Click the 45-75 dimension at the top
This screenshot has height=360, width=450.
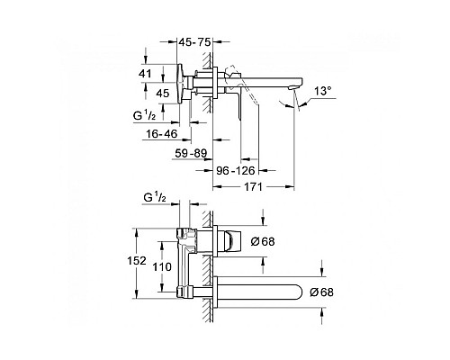pyautogui.click(x=194, y=42)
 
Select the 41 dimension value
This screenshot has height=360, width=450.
pyautogui.click(x=145, y=74)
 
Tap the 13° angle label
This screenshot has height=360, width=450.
pyautogui.click(x=323, y=91)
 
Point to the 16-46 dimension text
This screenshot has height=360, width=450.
pyautogui.click(x=162, y=134)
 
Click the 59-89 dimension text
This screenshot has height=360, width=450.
pyautogui.click(x=191, y=154)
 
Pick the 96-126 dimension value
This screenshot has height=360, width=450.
pyautogui.click(x=236, y=171)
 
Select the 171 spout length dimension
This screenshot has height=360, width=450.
pyautogui.click(x=253, y=187)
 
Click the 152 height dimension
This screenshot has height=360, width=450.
pyautogui.click(x=137, y=261)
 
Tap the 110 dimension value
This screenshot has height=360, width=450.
pyautogui.click(x=162, y=266)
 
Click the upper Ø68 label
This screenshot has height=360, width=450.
pyautogui.click(x=263, y=241)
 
